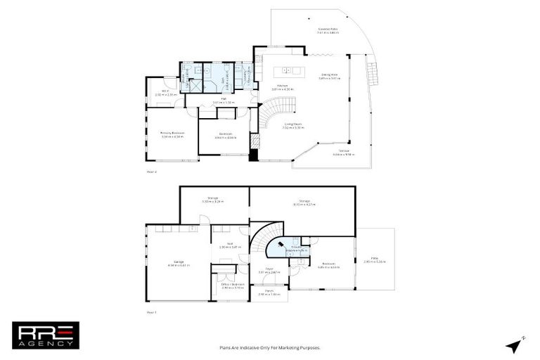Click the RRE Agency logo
point(46,335)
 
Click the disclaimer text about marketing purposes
point(269,347)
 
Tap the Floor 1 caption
point(150,311)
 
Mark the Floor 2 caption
point(150,172)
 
